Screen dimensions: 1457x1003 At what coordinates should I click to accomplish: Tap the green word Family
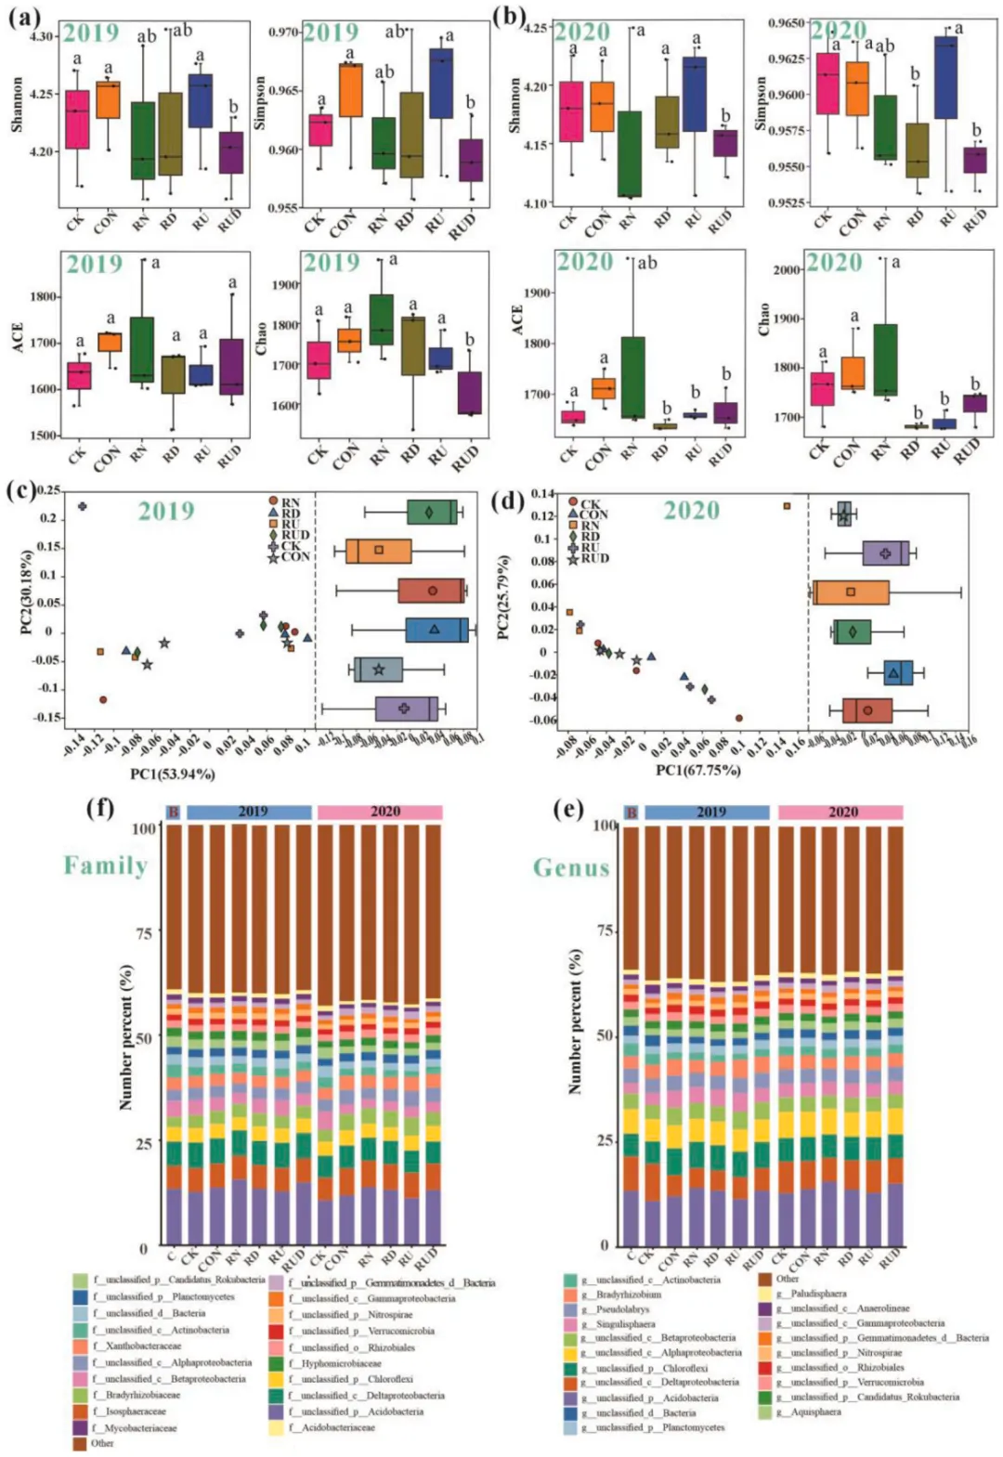coord(105,865)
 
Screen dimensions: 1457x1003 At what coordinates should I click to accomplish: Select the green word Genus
coord(571,867)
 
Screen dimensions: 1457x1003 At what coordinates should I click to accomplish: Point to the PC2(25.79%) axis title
coord(502,597)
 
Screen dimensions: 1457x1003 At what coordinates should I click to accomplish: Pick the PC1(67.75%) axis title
coord(697,770)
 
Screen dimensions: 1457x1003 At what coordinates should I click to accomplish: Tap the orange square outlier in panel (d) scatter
coord(787,506)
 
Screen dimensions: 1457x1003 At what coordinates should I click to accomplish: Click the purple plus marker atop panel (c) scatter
coord(83,506)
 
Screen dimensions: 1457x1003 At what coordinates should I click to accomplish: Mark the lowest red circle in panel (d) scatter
coord(739,718)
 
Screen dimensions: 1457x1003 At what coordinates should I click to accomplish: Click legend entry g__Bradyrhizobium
coord(628,1294)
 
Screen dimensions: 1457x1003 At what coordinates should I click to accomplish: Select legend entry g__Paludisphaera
coord(818,1293)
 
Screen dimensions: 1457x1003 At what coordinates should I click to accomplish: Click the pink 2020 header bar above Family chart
coord(380,812)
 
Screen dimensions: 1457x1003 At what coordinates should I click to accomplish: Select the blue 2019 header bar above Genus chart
coord(707,813)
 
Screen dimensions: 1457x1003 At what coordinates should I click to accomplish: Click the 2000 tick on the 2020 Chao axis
coord(787,270)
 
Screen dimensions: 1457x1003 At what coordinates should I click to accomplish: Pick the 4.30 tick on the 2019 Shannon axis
coord(43,37)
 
